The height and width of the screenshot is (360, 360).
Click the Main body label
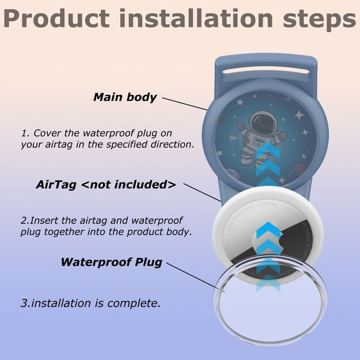tap(124, 97)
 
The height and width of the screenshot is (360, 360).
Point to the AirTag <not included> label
tap(106, 185)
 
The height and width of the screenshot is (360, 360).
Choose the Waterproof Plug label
tap(111, 262)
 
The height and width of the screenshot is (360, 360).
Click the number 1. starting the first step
tap(25, 133)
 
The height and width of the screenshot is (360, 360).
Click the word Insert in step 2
tap(47, 221)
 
